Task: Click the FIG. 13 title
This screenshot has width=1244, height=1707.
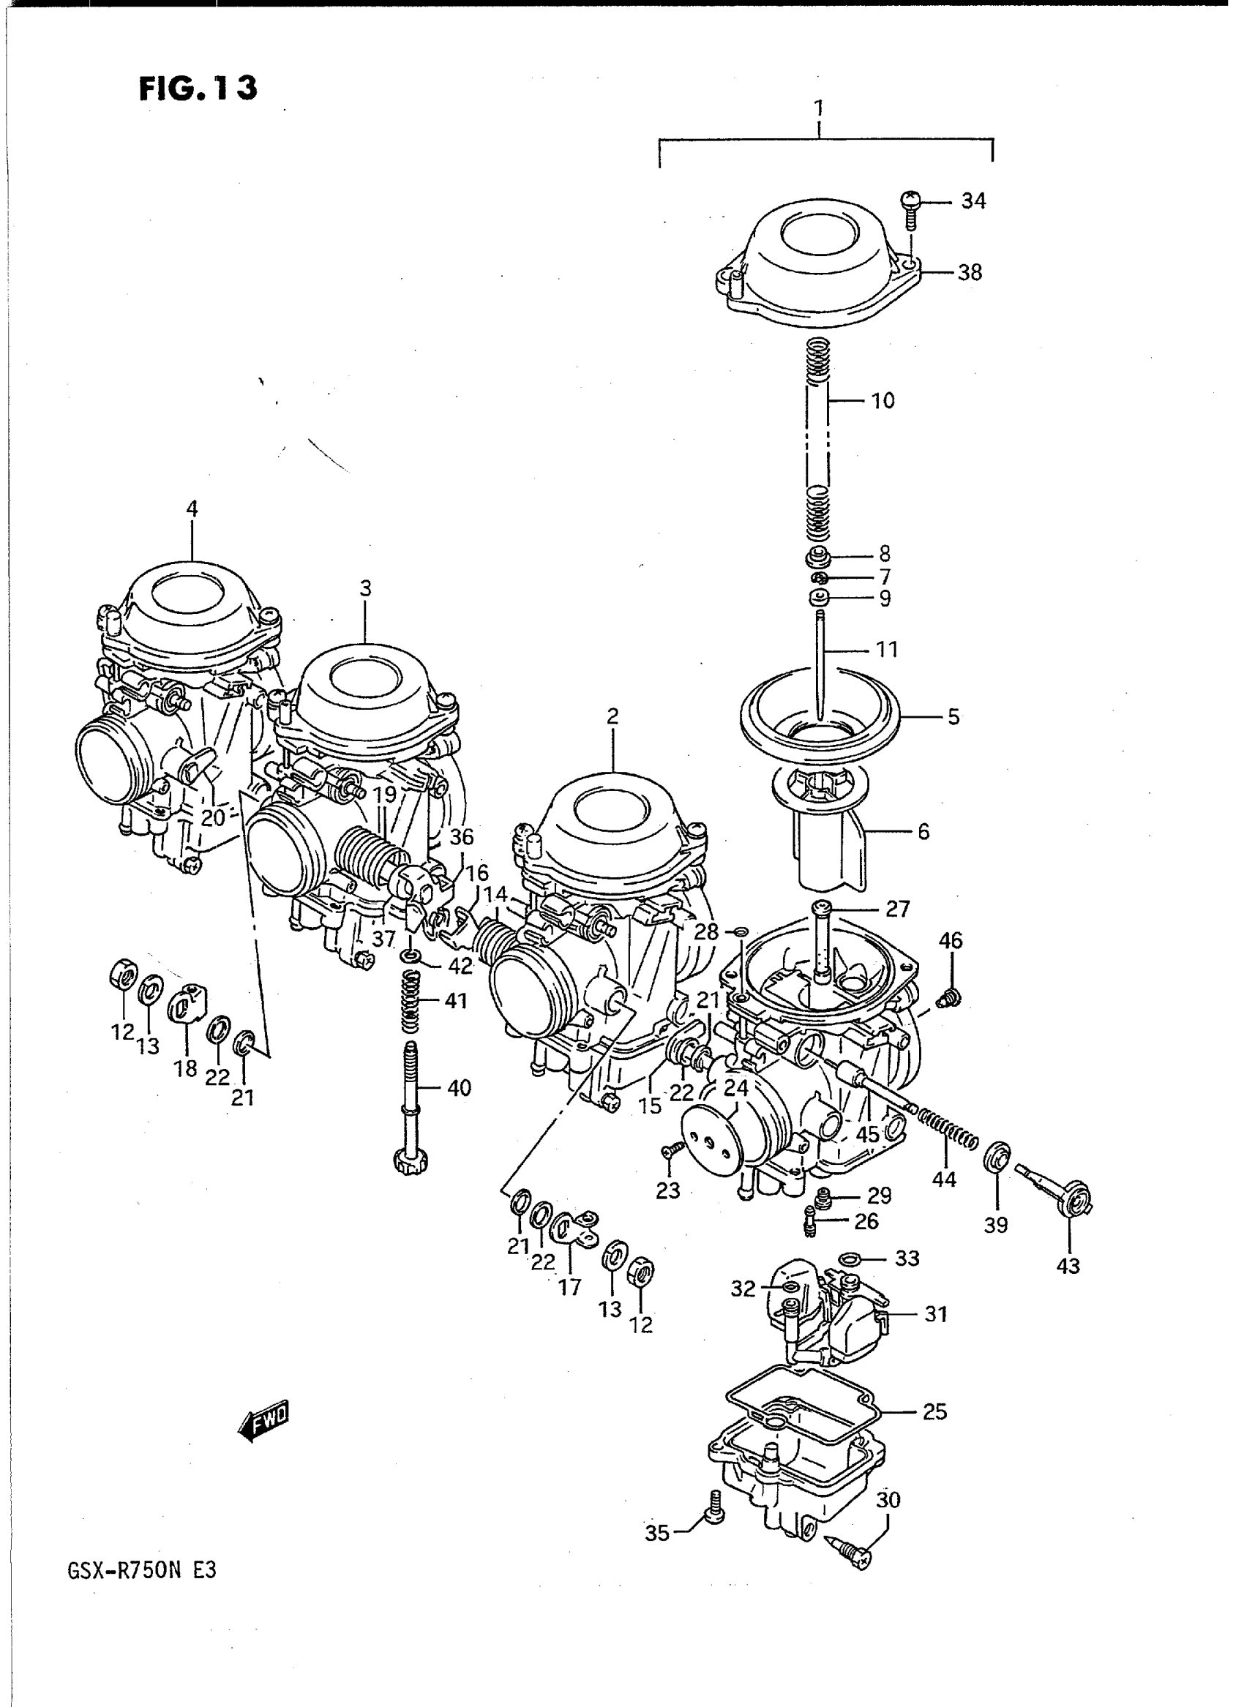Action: coord(198,88)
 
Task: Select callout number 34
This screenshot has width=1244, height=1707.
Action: coord(973,201)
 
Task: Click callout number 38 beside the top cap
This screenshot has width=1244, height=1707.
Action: coord(970,272)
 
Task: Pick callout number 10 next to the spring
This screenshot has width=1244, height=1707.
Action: coord(883,400)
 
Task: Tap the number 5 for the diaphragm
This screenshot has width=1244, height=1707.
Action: coord(953,717)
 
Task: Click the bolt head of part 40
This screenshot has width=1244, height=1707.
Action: coord(411,1180)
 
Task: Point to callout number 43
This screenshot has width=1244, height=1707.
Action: coord(1068,1266)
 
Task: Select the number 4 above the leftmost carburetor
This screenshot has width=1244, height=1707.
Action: coord(192,509)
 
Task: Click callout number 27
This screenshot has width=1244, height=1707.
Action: coord(899,909)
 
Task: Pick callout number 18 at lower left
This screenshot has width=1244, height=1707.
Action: coord(185,1068)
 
